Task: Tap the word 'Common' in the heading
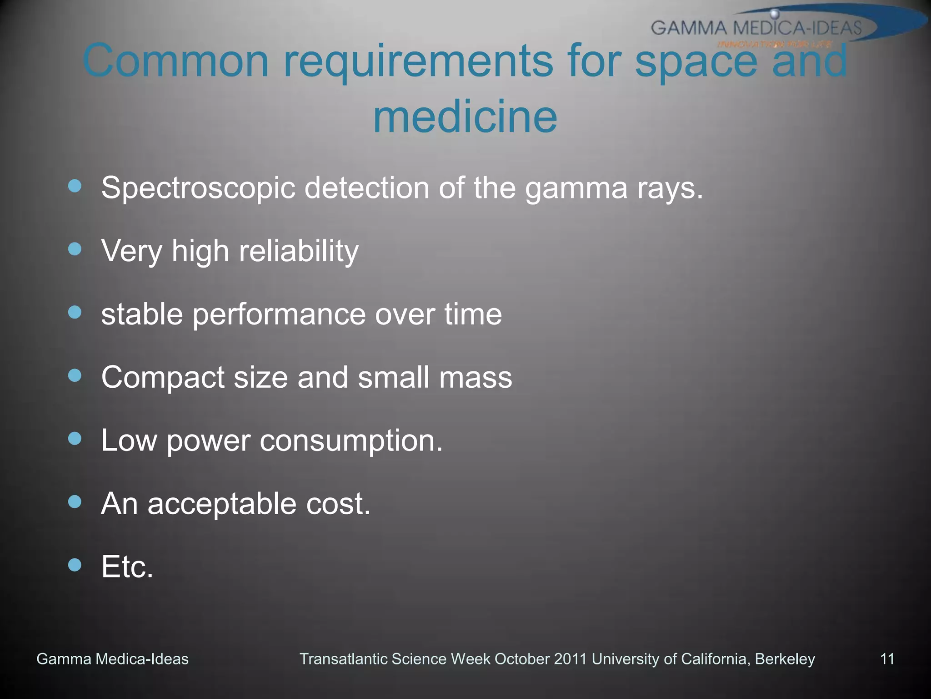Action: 175,61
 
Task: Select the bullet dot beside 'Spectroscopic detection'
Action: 75,186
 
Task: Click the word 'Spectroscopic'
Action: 198,188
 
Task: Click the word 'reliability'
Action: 299,251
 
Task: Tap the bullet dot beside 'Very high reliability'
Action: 75,249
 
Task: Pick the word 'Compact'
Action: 163,378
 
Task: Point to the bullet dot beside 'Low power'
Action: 75,439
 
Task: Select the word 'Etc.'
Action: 127,567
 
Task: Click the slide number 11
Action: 887,659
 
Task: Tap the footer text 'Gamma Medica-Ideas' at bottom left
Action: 112,659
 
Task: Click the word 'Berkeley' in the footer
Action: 785,659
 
